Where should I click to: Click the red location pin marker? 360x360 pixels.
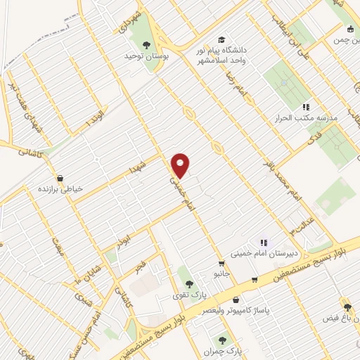[181, 165]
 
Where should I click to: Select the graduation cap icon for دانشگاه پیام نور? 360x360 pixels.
[223, 41]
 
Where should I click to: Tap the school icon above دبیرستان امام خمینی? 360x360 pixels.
[264, 243]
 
